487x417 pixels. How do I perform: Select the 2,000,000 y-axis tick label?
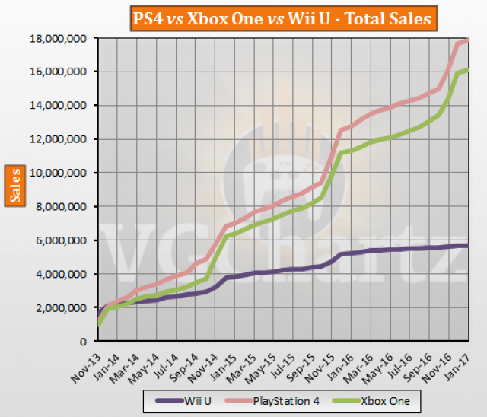pos(65,307)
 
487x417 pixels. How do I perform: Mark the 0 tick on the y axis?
pos(86,341)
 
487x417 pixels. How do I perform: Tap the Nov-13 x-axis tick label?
pos(89,361)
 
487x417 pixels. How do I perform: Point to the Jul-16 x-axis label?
pos(403,361)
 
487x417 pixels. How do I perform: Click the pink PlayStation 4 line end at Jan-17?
pos(467,40)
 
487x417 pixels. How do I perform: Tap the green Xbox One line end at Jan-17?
pos(467,70)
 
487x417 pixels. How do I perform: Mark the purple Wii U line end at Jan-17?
pos(467,245)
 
